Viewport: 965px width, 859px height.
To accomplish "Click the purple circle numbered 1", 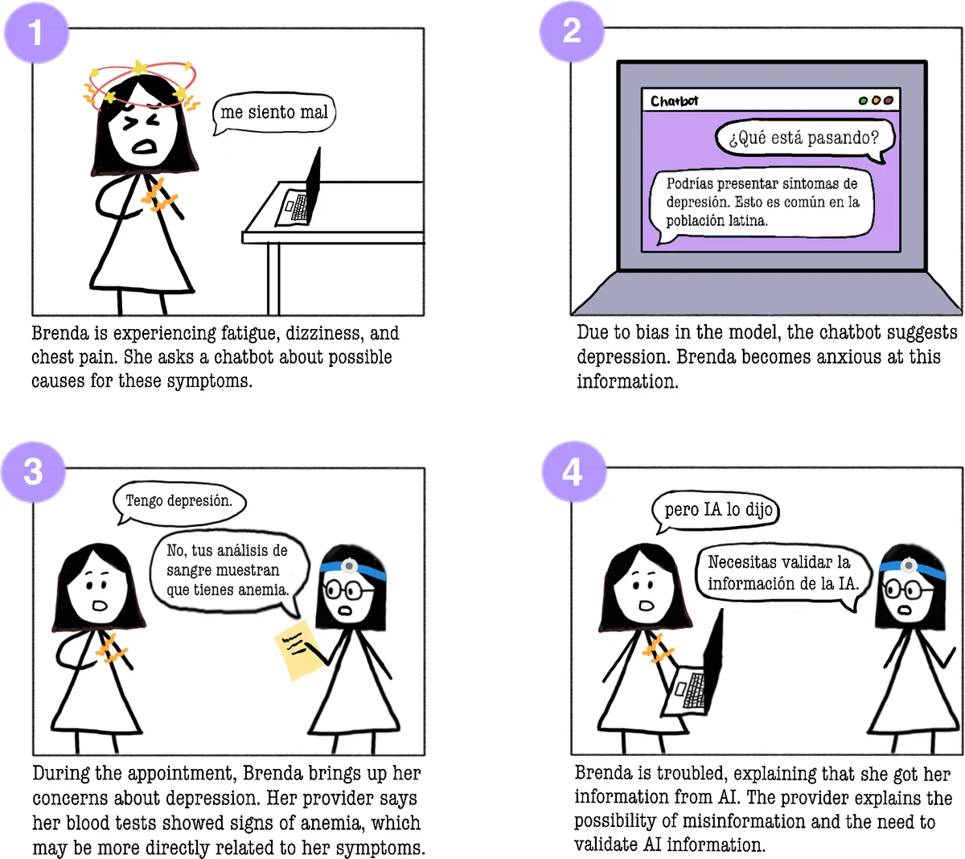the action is click(36, 32).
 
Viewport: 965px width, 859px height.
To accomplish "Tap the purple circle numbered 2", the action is click(572, 31).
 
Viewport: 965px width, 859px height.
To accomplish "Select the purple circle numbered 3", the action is click(33, 471).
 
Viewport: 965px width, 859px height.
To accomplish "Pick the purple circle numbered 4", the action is click(573, 471).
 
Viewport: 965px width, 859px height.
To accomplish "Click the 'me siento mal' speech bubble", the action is click(274, 113).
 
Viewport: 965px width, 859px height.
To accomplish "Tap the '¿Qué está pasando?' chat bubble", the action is click(804, 139).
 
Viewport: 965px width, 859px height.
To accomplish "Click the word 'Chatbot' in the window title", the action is click(674, 101).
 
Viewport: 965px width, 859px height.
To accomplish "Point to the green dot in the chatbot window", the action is click(863, 101).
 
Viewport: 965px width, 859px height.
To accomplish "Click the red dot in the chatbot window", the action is click(889, 101).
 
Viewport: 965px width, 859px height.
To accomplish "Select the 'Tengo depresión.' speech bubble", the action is click(179, 502).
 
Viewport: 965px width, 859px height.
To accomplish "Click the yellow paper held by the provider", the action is click(299, 650).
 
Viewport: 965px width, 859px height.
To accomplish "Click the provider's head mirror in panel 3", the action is click(349, 565).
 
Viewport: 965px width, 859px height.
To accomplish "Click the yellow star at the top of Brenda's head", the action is click(139, 68).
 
